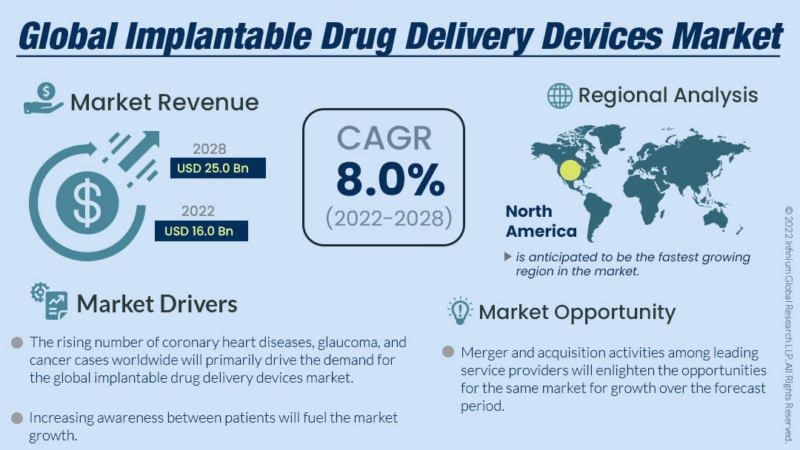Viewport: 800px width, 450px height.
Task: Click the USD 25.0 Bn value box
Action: (217, 169)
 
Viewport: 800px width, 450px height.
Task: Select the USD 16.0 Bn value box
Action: (201, 231)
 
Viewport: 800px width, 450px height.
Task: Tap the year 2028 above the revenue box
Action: (209, 149)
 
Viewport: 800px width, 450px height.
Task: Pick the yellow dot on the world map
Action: (570, 170)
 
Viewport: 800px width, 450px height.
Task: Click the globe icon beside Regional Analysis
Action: (560, 95)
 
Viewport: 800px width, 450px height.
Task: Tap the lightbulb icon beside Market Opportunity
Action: (460, 311)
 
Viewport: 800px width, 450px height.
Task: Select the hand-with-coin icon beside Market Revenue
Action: (44, 98)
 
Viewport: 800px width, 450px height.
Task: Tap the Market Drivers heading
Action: (157, 303)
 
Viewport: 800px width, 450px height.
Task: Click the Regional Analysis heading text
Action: (668, 95)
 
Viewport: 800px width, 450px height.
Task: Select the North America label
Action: (541, 221)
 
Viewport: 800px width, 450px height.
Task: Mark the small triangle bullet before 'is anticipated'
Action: (507, 257)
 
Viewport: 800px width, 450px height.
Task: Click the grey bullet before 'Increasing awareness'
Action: (16, 418)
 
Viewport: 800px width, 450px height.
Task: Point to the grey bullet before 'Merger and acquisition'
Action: (447, 352)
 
